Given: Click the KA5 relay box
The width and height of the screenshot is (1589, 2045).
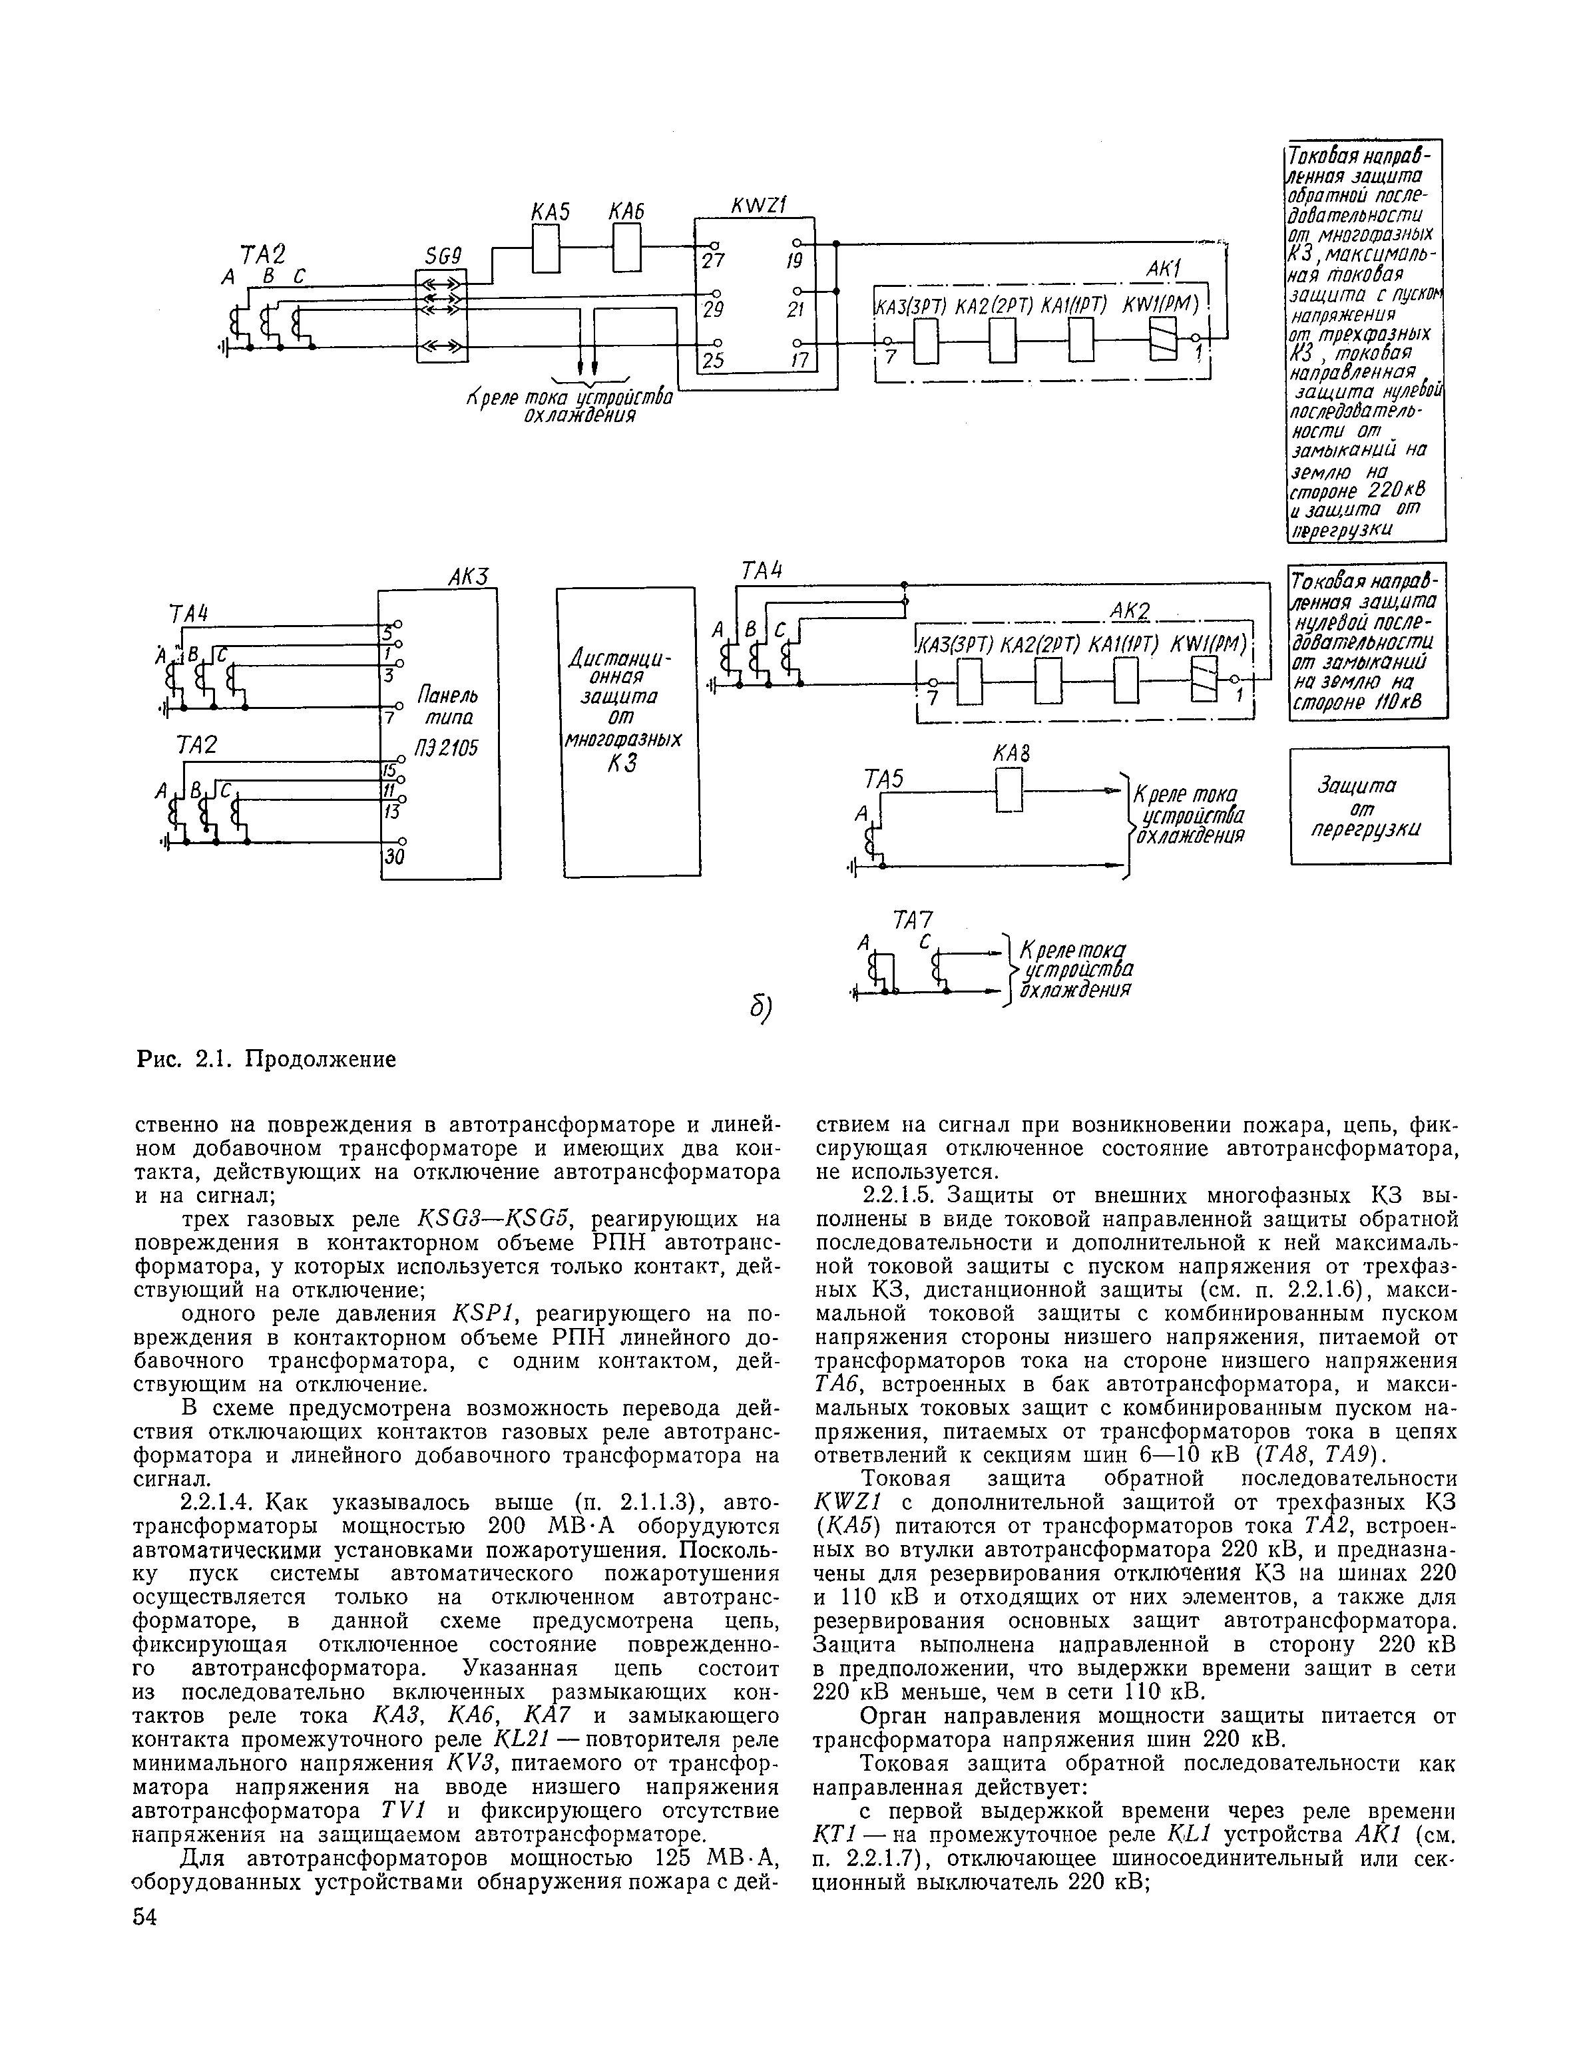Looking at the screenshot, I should pos(546,250).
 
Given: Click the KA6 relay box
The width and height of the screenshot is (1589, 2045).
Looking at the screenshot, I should pos(626,250).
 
